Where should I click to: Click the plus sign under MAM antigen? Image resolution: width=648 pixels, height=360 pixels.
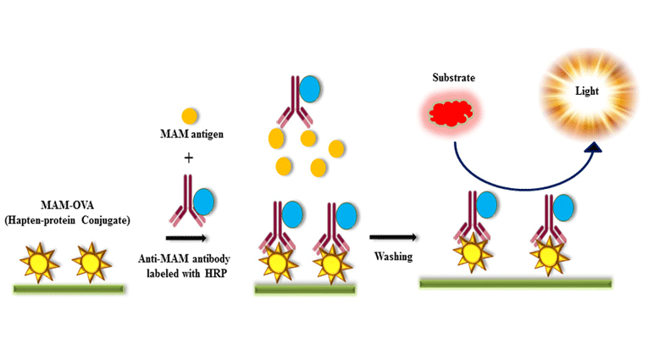pyautogui.click(x=188, y=157)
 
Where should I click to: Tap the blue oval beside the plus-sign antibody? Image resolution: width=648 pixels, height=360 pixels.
pyautogui.click(x=203, y=202)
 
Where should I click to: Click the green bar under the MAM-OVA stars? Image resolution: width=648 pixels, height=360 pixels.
pyautogui.click(x=69, y=290)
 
